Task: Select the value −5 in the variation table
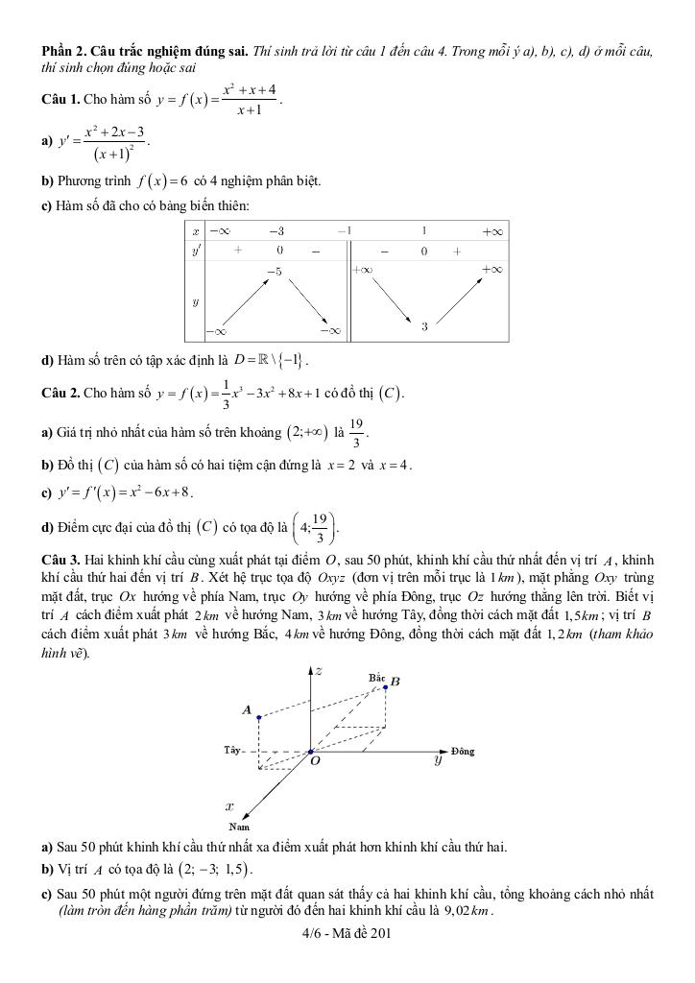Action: click(275, 273)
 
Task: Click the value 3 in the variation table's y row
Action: click(423, 327)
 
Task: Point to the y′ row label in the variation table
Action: click(196, 251)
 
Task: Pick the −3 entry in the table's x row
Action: click(276, 231)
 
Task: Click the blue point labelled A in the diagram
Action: click(259, 716)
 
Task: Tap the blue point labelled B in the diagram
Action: click(386, 686)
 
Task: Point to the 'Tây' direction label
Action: click(232, 749)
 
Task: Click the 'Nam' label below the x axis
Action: click(239, 826)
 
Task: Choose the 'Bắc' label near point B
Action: click(376, 678)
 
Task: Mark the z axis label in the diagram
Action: click(319, 671)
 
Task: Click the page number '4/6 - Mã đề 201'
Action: click(347, 932)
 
